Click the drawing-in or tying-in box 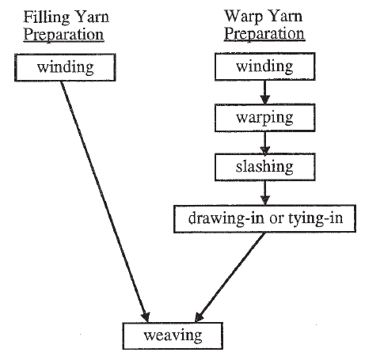pos(264,217)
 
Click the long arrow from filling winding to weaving pos(103,198)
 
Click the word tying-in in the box pos(315,217)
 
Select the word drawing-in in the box pos(218,217)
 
